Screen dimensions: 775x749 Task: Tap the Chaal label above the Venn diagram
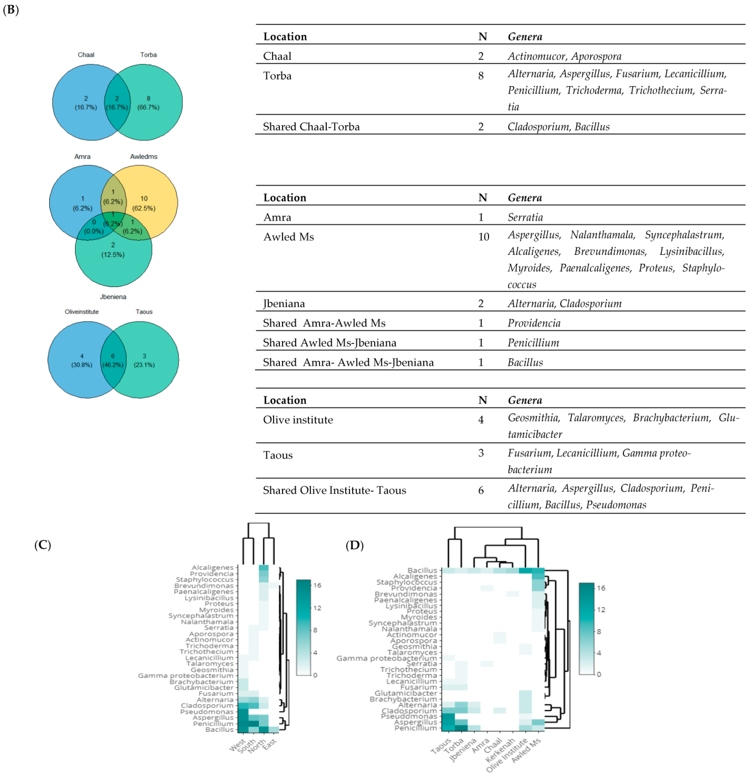click(86, 55)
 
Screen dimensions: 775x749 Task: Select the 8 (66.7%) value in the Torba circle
click(148, 103)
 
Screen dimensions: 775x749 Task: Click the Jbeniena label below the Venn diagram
click(113, 297)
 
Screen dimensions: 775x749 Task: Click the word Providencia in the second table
click(534, 323)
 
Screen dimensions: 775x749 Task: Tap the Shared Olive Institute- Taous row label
click(334, 490)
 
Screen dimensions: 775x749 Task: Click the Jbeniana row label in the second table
click(284, 304)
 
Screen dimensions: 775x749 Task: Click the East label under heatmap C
click(270, 743)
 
